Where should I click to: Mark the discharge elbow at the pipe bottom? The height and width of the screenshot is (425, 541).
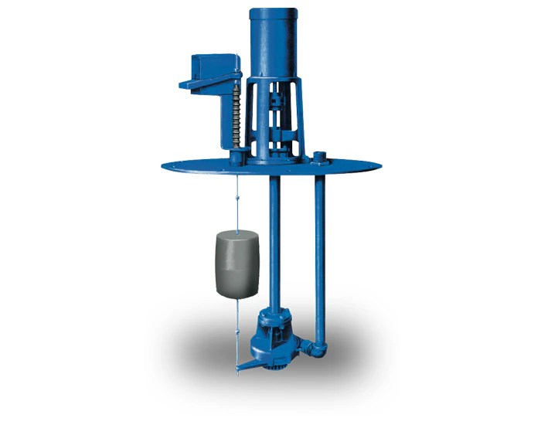tap(317, 347)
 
